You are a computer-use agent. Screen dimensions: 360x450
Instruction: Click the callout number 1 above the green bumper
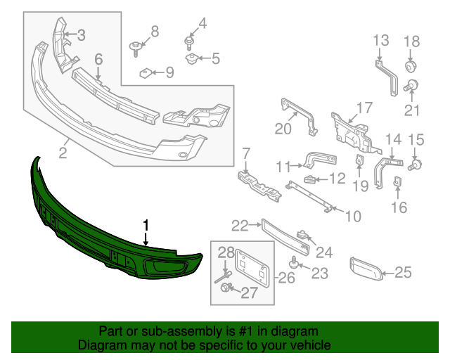tap(146, 225)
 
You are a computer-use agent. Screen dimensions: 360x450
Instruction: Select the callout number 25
tap(403, 272)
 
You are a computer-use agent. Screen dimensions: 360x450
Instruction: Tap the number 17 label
tap(363, 108)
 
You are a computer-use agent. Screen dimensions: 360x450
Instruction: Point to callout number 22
tap(240, 225)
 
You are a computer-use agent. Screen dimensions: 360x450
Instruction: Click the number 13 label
tap(380, 39)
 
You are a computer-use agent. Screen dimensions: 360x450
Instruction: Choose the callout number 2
tap(63, 152)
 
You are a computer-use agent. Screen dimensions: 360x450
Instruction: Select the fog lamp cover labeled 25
tap(367, 268)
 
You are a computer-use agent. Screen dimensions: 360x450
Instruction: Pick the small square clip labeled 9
tap(146, 72)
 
